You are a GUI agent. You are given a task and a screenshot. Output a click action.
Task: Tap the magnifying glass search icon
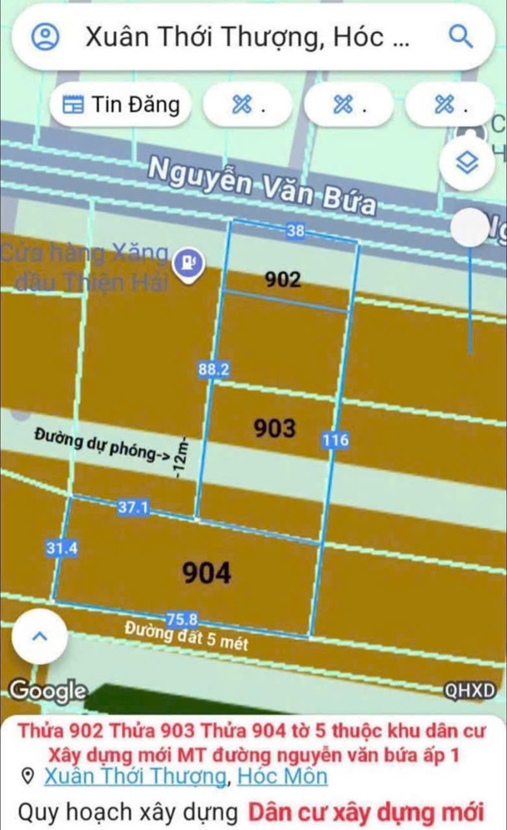point(460,37)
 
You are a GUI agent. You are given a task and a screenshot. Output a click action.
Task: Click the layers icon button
point(469,164)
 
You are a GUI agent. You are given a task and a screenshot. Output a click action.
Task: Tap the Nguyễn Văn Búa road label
point(261,183)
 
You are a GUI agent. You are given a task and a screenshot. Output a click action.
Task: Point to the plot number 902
point(283,280)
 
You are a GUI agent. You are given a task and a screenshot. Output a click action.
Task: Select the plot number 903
point(274,428)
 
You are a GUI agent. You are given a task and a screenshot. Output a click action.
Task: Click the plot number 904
point(207,572)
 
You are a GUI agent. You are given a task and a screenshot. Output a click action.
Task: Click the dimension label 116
point(335,440)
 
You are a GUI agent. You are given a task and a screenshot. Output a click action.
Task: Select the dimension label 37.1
point(133,507)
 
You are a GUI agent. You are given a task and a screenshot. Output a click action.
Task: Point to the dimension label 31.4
point(61,547)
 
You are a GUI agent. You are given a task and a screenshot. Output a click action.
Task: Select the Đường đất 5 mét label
point(187,636)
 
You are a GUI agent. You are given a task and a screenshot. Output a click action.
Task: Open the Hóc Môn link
point(282,777)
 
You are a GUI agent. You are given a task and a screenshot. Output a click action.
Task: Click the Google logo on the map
point(47,690)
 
